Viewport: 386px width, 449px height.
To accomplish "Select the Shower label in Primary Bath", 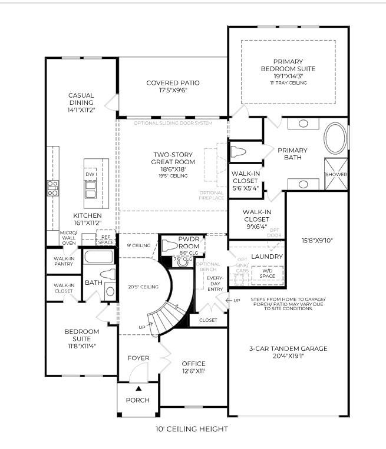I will click(x=336, y=175).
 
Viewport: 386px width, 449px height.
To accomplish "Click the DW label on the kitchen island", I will click(x=90, y=175).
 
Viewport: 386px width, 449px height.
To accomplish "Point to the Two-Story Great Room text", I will click(x=173, y=158).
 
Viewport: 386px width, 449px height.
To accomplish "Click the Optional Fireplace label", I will click(x=212, y=195).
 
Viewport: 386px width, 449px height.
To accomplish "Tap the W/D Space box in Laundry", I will click(x=268, y=274).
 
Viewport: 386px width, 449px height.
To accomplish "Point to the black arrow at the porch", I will click(x=138, y=388).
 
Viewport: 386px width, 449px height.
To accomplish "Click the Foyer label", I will click(x=138, y=358).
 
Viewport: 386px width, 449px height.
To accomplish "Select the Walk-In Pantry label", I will click(x=64, y=261).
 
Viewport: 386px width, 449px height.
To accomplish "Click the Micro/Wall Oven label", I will click(x=68, y=238).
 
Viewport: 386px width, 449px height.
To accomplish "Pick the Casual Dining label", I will click(x=81, y=102).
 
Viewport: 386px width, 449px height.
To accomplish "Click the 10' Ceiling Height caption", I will click(x=192, y=429).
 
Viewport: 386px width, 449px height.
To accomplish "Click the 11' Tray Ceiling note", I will click(x=288, y=82).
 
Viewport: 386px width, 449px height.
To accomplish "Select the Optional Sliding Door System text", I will click(x=173, y=123).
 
